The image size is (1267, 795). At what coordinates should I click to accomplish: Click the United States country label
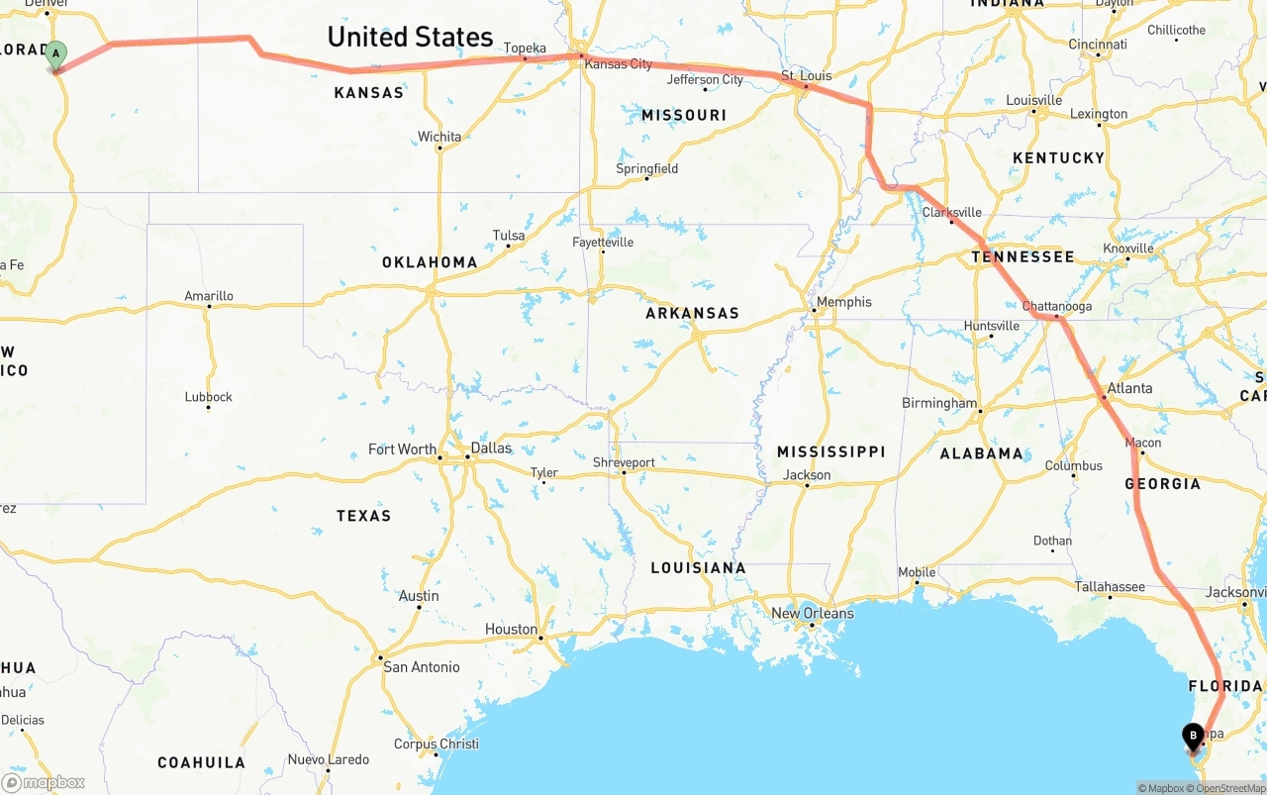click(410, 38)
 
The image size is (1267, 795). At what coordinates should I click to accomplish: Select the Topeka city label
click(525, 48)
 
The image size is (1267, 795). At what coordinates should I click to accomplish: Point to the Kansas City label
click(619, 64)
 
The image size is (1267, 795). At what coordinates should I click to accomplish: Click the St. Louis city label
click(807, 75)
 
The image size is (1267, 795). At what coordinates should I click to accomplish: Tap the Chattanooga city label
click(1057, 306)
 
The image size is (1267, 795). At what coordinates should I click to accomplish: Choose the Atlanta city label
click(1130, 388)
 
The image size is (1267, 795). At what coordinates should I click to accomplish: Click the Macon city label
click(1143, 443)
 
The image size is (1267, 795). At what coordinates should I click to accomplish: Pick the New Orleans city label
click(812, 613)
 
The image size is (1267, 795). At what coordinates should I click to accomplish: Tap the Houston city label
click(511, 629)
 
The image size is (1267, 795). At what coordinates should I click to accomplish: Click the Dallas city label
click(491, 447)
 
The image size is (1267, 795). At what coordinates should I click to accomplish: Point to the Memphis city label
click(844, 302)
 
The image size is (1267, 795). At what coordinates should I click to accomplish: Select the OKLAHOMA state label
click(430, 262)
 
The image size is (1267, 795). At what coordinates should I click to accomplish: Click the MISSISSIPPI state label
click(830, 451)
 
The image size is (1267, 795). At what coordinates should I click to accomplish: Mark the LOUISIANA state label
click(698, 568)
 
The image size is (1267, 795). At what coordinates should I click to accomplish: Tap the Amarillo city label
click(209, 296)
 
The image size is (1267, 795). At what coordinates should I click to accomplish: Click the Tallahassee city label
click(1110, 587)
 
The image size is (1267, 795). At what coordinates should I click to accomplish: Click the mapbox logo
click(44, 782)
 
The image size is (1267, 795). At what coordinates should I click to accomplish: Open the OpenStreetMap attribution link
click(1228, 788)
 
